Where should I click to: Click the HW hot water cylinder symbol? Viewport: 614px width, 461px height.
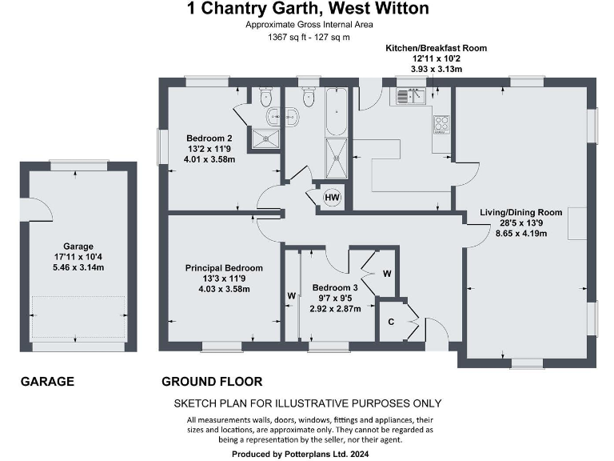331,198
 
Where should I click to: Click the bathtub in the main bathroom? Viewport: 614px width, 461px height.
336,111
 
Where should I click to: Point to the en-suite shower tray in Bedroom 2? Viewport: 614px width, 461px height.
263,138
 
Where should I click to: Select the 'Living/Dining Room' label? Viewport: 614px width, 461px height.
521,212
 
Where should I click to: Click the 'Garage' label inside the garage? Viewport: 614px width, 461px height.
78,247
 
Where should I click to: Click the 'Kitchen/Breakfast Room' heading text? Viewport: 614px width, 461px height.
436,48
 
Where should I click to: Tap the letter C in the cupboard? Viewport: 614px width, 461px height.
391,321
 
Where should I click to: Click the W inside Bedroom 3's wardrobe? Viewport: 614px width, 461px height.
387,274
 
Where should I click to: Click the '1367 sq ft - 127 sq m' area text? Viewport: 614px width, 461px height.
297,37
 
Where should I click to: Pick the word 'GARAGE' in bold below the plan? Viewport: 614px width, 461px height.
47,382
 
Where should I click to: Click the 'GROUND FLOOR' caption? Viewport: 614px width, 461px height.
212,382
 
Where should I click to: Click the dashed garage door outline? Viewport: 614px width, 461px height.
78,317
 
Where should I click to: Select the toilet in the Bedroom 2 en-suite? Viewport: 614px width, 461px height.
267,98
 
